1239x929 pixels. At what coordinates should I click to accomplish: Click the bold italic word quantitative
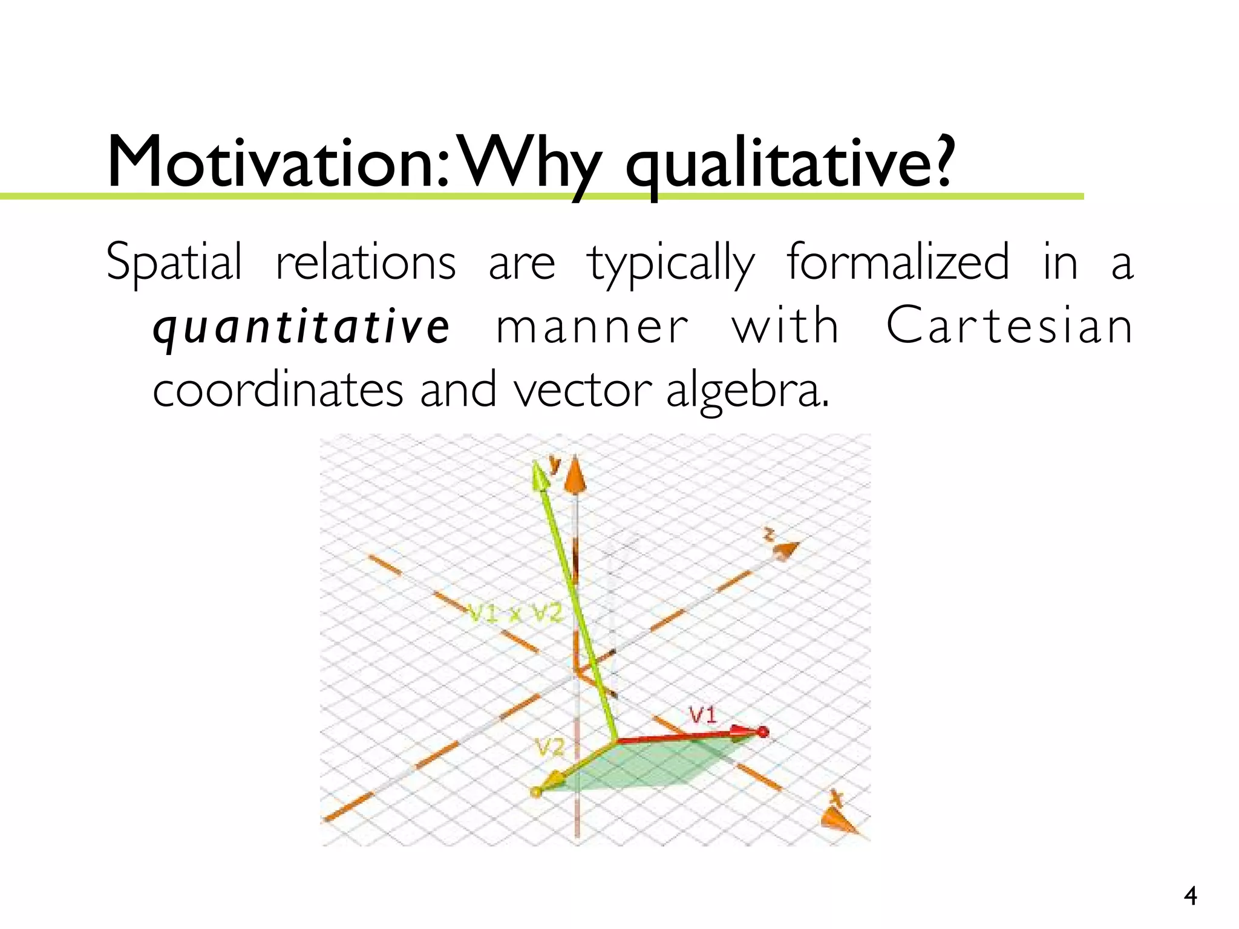pyautogui.click(x=301, y=327)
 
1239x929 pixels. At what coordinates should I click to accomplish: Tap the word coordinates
pyautogui.click(x=277, y=390)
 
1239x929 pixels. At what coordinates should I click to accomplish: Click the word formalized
pyautogui.click(x=898, y=262)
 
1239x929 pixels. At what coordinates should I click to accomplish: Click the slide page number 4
pyautogui.click(x=1190, y=896)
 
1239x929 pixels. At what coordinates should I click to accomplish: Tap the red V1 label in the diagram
pyautogui.click(x=703, y=715)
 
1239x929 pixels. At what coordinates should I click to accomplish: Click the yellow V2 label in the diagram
pyautogui.click(x=549, y=749)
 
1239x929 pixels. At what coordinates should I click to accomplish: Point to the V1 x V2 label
pyautogui.click(x=515, y=614)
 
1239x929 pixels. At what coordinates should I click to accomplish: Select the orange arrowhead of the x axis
pyautogui.click(x=838, y=821)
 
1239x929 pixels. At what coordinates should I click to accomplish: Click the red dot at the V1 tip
pyautogui.click(x=763, y=732)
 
